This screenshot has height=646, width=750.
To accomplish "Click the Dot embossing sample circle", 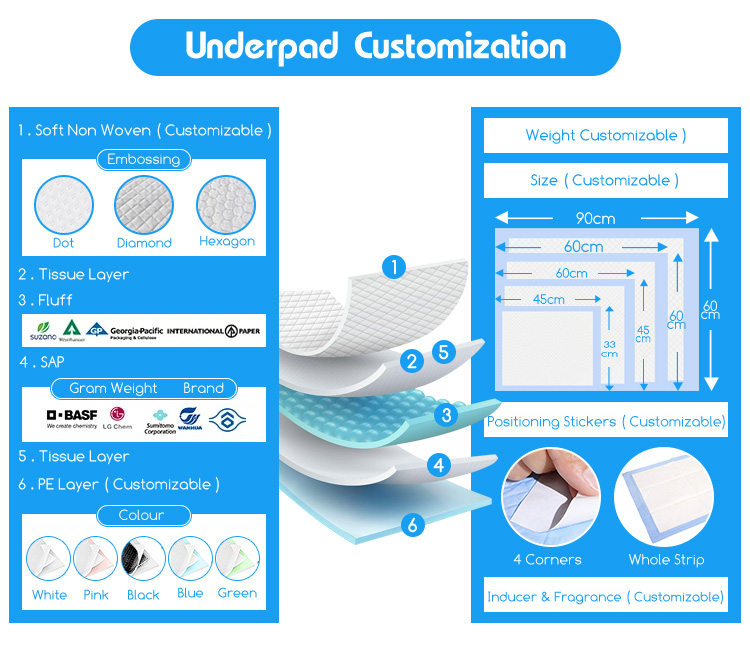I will (x=64, y=206).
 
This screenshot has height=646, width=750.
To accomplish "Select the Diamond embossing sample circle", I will (x=144, y=206).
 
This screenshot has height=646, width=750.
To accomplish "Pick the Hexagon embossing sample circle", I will (x=226, y=206).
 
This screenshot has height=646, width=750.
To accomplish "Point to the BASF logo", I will (x=71, y=415).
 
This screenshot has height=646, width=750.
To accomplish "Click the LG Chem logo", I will (x=121, y=417).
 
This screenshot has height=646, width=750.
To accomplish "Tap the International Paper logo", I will (x=215, y=331).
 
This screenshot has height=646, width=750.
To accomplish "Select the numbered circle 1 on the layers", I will (x=396, y=266).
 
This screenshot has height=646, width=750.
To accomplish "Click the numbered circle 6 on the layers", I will (x=410, y=524).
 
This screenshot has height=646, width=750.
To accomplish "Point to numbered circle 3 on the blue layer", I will (x=446, y=413).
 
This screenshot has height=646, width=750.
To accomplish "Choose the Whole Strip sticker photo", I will (x=665, y=497).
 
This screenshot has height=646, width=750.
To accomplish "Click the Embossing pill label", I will (x=143, y=159).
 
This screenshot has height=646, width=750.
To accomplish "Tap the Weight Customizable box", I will (x=605, y=136).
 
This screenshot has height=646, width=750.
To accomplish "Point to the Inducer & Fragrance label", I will (x=605, y=597).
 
